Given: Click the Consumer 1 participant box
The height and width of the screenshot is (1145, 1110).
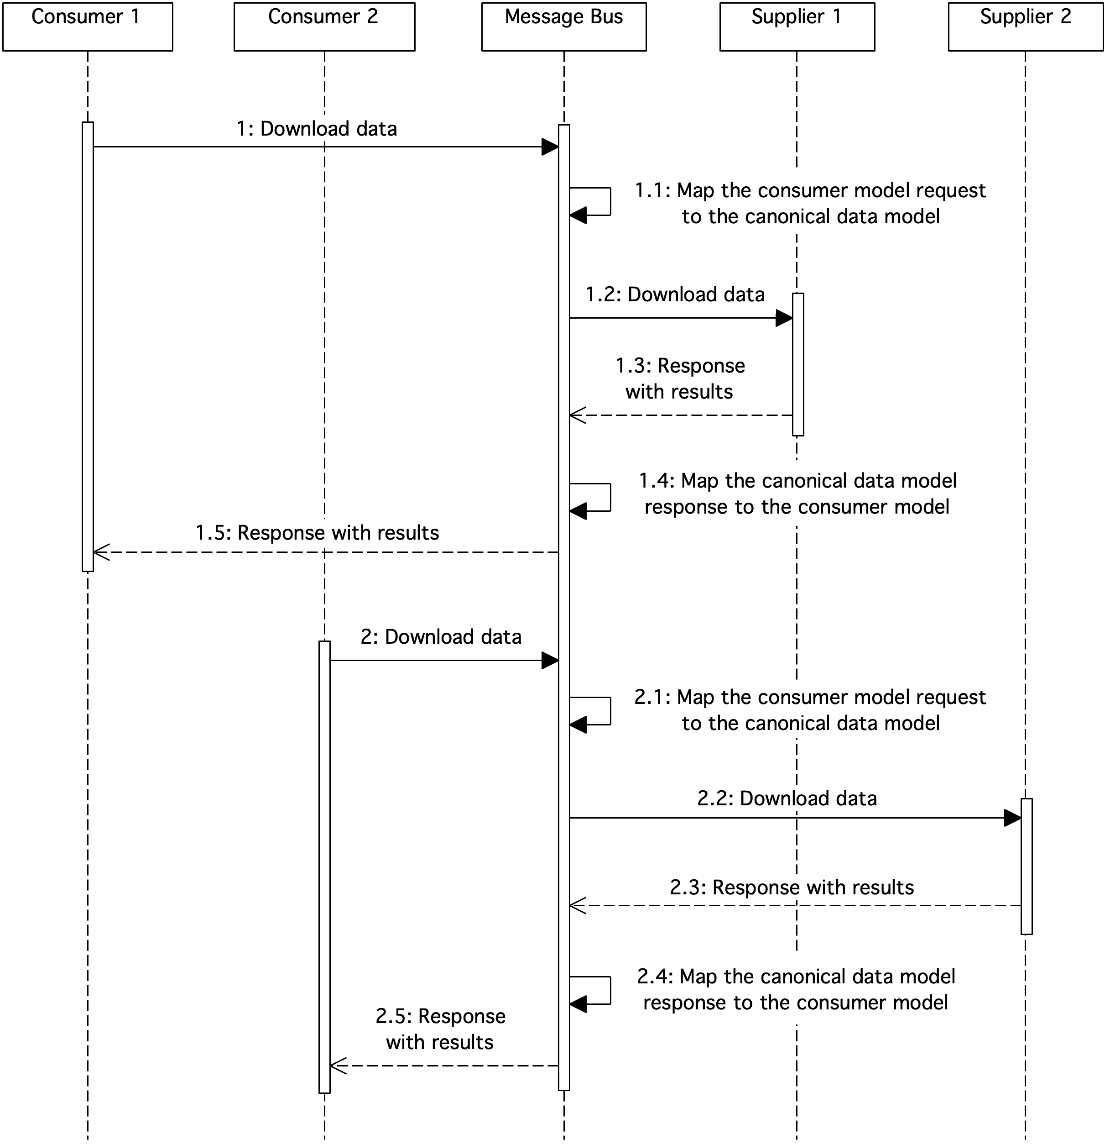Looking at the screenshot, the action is pos(88,27).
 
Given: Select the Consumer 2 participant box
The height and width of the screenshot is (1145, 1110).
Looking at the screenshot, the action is pos(324,27).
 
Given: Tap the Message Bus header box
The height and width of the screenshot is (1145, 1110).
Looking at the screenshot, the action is pos(563,27).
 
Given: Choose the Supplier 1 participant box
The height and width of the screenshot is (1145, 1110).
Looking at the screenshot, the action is pos(797,27).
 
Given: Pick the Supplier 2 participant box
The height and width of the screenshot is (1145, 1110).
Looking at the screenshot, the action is pos(1025,27).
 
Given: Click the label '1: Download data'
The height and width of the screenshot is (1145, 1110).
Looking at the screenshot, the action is pos(317,129).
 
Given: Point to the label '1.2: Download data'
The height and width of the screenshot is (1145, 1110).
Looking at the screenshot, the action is pos(675,294).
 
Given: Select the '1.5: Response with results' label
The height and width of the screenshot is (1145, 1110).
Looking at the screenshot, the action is pos(317,533).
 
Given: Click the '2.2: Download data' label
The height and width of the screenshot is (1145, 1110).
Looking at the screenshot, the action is pos(787,798).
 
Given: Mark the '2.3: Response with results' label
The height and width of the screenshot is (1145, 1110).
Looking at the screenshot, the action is pos(792,888).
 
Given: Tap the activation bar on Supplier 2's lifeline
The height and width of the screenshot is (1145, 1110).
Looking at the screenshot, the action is pos(1027,867).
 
